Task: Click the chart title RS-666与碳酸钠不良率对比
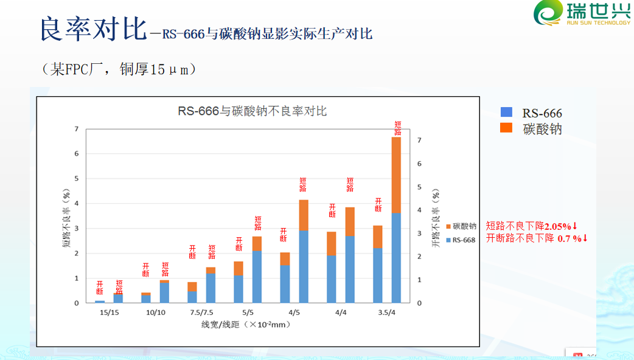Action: pyautogui.click(x=252, y=111)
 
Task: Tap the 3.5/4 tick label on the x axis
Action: pyautogui.click(x=386, y=312)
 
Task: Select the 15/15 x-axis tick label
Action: pyautogui.click(x=109, y=312)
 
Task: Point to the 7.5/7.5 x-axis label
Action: pyautogui.click(x=201, y=312)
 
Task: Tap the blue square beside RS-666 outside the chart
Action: pyautogui.click(x=506, y=112)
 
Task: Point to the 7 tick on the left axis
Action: pyautogui.click(x=76, y=129)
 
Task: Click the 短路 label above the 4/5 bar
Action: pyautogui.click(x=303, y=184)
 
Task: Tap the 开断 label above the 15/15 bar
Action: pyautogui.click(x=100, y=288)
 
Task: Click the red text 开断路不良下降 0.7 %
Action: pyautogui.click(x=536, y=238)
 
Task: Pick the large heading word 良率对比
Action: pyautogui.click(x=92, y=29)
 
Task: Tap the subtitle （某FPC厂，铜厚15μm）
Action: pyautogui.click(x=119, y=69)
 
